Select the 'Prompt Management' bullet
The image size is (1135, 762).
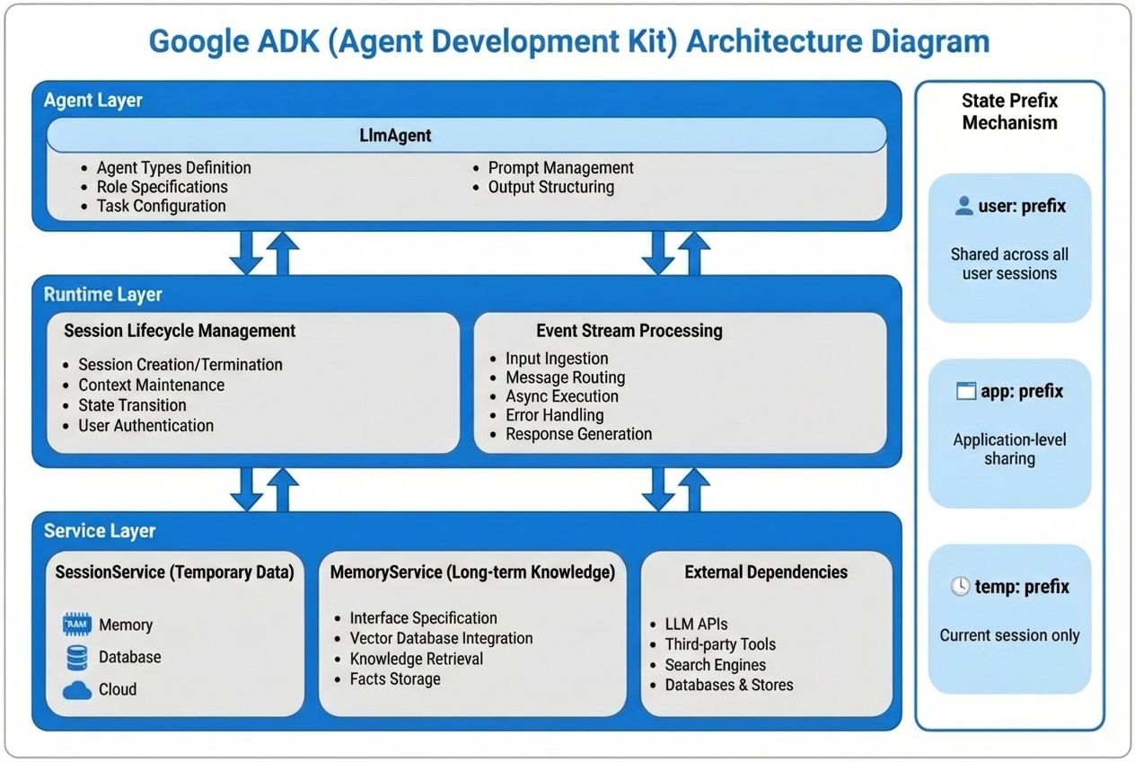click(x=560, y=168)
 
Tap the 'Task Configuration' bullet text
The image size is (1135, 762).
click(x=161, y=206)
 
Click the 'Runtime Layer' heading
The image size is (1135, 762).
click(x=103, y=294)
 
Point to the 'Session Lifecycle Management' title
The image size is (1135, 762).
click(x=180, y=331)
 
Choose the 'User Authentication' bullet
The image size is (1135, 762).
click(x=145, y=426)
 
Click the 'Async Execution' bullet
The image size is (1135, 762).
click(x=561, y=396)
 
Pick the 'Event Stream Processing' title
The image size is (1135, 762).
click(x=629, y=331)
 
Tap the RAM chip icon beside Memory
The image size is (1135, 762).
click(x=77, y=624)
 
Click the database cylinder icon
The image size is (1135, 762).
click(x=77, y=657)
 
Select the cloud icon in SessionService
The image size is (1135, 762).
click(x=77, y=689)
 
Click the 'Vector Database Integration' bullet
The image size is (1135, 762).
click(x=441, y=638)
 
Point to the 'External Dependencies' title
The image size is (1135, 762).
click(x=765, y=572)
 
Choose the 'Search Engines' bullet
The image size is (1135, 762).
click(x=715, y=665)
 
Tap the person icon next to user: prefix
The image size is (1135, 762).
click(x=963, y=206)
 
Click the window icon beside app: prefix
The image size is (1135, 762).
click(x=965, y=392)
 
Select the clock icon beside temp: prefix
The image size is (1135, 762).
click(x=960, y=587)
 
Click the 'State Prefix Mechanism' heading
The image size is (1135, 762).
click(x=1009, y=111)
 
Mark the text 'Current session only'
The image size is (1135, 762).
click(x=1009, y=635)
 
